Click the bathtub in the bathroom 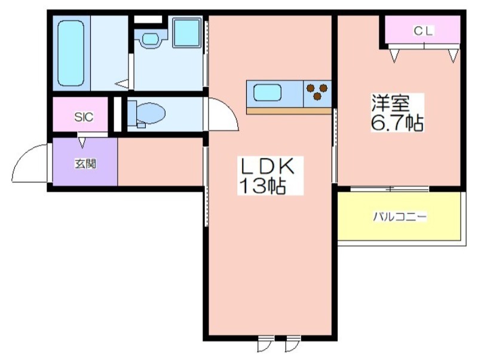(x=71, y=53)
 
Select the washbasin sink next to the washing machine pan (x=151, y=39)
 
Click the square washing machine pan (x=187, y=32)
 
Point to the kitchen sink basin (x=267, y=93)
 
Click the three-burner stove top (x=317, y=93)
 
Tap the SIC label (x=84, y=117)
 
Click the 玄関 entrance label (x=85, y=164)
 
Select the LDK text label (x=268, y=167)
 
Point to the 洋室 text (x=390, y=103)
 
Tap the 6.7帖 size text (x=397, y=123)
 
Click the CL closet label (x=423, y=31)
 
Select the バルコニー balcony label (x=400, y=217)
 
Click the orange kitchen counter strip (x=289, y=111)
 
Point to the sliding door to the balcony (x=390, y=189)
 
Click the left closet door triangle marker (x=394, y=56)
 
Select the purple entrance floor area (x=85, y=161)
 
